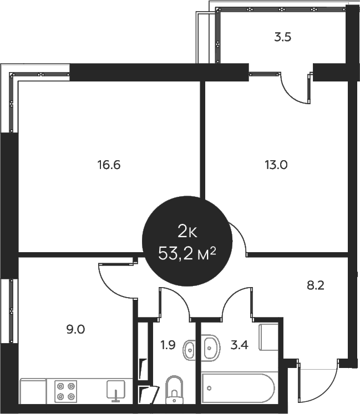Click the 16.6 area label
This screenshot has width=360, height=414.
(x=109, y=165)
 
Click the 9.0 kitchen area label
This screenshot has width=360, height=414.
(x=75, y=329)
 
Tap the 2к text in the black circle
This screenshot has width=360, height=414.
(x=186, y=231)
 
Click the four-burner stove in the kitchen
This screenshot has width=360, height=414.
(x=65, y=391)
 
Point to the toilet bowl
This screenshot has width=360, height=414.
(x=174, y=390)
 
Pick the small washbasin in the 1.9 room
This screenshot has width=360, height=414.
(x=190, y=349)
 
